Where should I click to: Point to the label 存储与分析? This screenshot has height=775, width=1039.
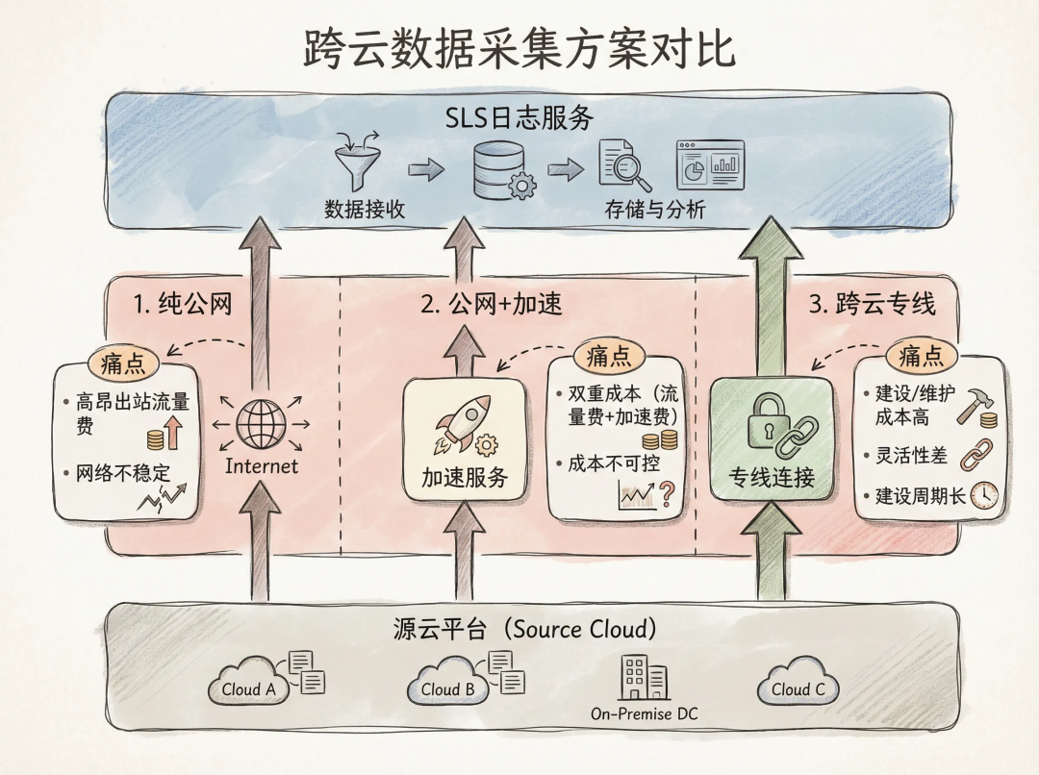(x=654, y=209)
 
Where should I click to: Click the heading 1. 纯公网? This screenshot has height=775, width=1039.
(x=182, y=305)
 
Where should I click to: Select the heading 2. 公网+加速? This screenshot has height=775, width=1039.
(x=492, y=305)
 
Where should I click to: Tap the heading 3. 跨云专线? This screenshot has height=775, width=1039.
(x=872, y=305)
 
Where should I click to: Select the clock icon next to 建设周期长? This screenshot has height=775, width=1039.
(x=984, y=495)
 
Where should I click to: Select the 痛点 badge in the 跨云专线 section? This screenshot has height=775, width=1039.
(x=921, y=357)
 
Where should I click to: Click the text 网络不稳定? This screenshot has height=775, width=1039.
(x=115, y=472)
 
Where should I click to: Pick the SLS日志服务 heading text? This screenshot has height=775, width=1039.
(x=519, y=119)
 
